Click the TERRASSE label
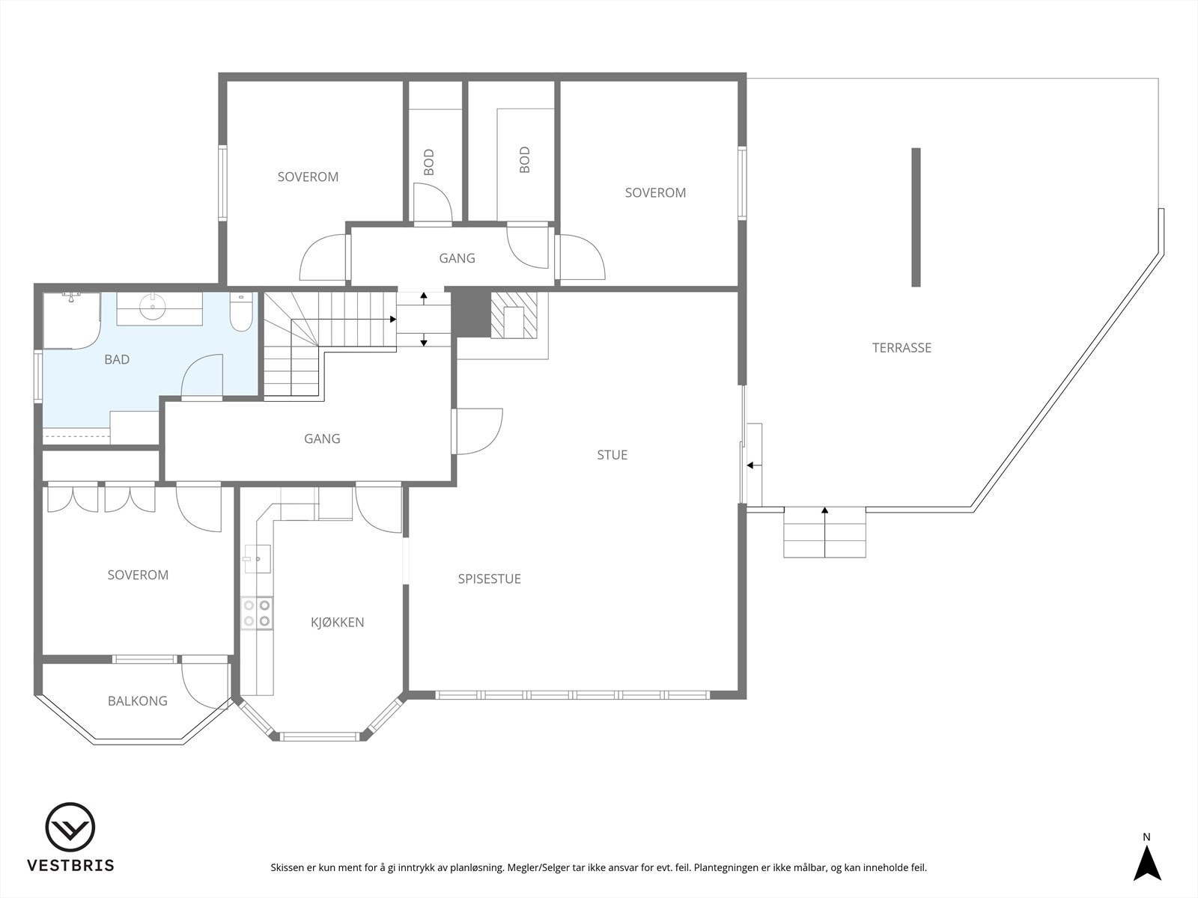pyautogui.click(x=901, y=347)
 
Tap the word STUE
pyautogui.click(x=612, y=454)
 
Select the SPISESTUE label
pyautogui.click(x=489, y=578)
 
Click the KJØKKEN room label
pyautogui.click(x=337, y=622)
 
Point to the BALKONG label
pyautogui.click(x=137, y=701)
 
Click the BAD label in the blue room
pyautogui.click(x=117, y=359)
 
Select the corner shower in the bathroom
pyautogui.click(x=70, y=320)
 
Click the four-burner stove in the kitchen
pyautogui.click(x=256, y=612)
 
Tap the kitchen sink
pyautogui.click(x=256, y=558)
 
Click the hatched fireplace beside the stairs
pyautogui.click(x=514, y=314)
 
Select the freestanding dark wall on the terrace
pyautogui.click(x=915, y=217)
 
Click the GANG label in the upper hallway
pyautogui.click(x=457, y=258)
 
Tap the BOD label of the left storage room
pyautogui.click(x=428, y=162)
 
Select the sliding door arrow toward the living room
pyautogui.click(x=753, y=465)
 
